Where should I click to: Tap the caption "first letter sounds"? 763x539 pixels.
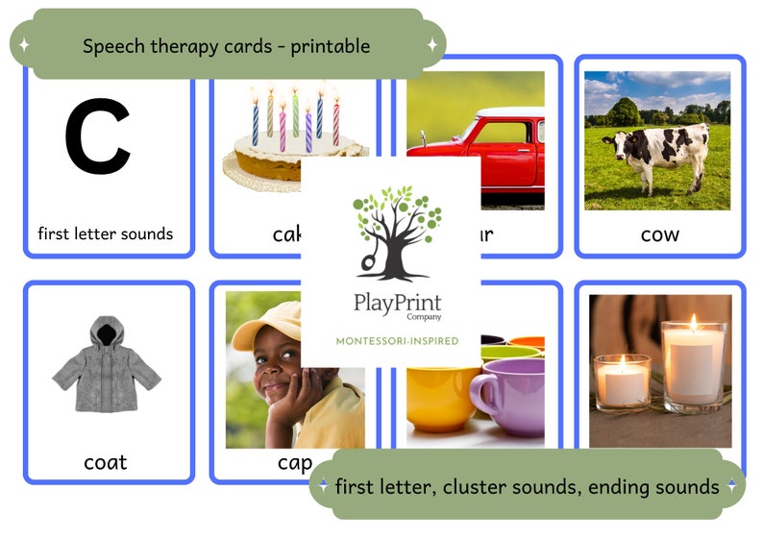106,233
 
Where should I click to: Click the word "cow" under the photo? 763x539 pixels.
659,234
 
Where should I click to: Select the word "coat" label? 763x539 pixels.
106,462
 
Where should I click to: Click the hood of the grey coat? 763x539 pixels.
106,332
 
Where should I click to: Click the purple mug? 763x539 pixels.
509,394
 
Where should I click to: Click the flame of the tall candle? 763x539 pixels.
692,323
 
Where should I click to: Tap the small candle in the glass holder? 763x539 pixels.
622,381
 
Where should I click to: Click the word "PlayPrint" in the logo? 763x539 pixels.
390,305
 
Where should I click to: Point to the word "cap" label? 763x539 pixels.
294,463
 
